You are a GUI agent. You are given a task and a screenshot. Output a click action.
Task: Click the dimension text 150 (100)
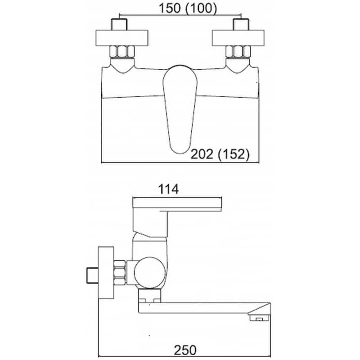pos(188,9)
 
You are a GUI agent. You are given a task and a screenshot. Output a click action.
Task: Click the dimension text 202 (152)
pos(220,154)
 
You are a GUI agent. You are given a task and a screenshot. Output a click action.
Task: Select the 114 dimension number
pos(168,189)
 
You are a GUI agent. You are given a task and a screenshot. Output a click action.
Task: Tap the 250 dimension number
pos(185,350)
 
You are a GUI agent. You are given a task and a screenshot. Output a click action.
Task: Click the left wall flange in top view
pos(121,38)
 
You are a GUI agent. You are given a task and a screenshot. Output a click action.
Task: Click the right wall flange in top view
pos(238,38)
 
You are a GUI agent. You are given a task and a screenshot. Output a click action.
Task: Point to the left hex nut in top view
pos(122,52)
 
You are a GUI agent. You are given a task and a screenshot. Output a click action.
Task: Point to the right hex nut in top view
pos(238,52)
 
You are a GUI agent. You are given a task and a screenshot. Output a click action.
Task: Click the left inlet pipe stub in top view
pos(119,24)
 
